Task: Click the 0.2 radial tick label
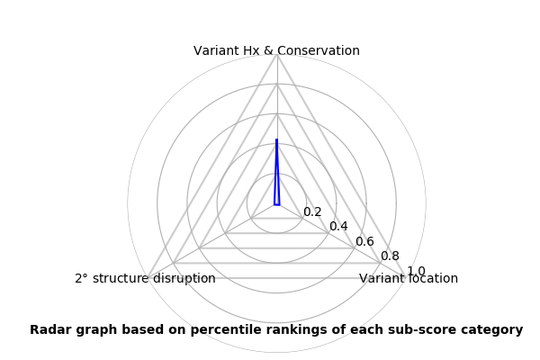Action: (x=312, y=211)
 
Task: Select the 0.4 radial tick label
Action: (x=338, y=226)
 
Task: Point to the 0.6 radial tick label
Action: (x=364, y=241)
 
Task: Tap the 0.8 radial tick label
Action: (x=391, y=256)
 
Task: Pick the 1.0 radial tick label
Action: (x=416, y=271)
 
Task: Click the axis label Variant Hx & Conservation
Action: (x=276, y=50)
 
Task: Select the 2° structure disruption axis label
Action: (x=145, y=278)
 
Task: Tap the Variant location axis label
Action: (x=409, y=278)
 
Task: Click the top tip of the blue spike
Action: (x=276, y=139)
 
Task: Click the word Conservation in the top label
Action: (x=318, y=50)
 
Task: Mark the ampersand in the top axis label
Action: (x=268, y=50)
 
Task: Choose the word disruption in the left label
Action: (x=184, y=279)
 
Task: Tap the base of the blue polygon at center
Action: (x=277, y=205)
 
